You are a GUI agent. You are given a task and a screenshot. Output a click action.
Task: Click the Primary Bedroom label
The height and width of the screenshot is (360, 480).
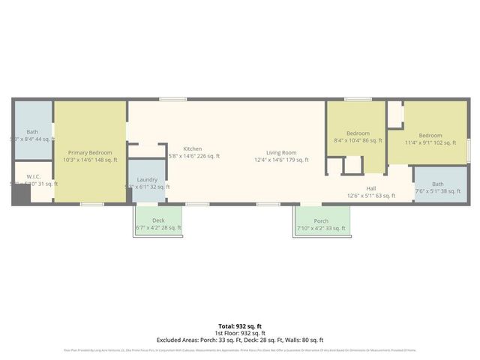click(x=90, y=151)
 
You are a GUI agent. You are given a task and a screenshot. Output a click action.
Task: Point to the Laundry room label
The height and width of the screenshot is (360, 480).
click(x=147, y=179)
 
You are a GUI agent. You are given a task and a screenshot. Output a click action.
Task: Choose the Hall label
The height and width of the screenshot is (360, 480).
click(x=370, y=188)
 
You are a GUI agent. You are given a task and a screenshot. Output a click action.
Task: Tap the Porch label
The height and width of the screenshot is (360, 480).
click(x=321, y=220)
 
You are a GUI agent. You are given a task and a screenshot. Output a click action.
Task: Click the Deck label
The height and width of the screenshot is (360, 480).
click(x=158, y=220)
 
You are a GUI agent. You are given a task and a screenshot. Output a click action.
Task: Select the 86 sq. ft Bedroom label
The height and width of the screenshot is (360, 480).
click(x=358, y=133)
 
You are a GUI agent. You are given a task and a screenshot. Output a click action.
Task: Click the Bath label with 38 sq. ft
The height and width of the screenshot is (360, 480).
click(x=437, y=184)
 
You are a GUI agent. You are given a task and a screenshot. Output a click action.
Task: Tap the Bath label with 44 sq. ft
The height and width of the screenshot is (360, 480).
click(x=32, y=131)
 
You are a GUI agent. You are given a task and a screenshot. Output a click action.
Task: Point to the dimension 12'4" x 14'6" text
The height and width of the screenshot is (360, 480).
click(x=281, y=160)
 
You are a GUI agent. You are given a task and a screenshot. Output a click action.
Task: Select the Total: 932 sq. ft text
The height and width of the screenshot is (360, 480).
click(x=239, y=326)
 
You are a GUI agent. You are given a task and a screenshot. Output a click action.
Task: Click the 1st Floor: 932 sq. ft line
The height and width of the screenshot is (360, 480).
click(x=239, y=333)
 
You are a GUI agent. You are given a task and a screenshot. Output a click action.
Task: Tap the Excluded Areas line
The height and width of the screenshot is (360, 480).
click(x=239, y=340)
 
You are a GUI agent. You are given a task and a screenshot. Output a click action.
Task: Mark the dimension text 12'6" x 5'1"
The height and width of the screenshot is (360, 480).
click(x=370, y=196)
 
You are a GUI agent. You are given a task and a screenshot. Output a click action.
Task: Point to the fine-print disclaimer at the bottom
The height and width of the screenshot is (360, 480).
click(x=239, y=349)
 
